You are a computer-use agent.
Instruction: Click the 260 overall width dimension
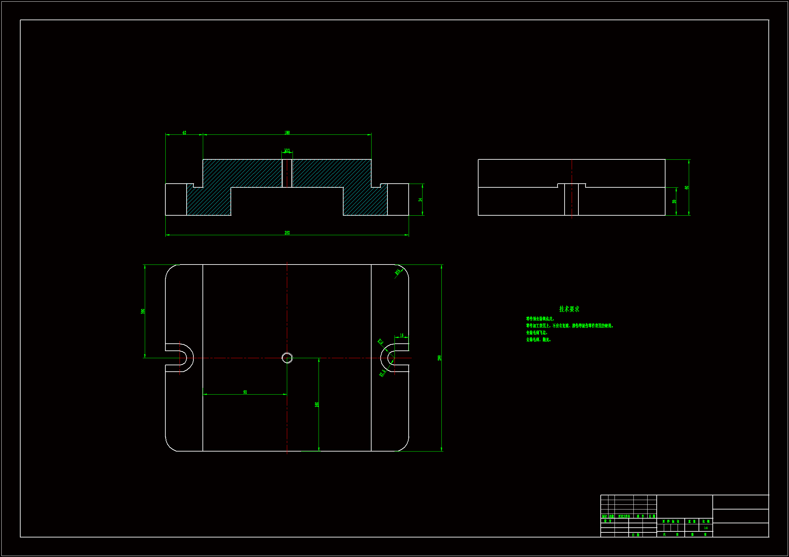[x=287, y=233]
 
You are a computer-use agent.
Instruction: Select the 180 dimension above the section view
[x=287, y=132]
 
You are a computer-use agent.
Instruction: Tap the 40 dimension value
[x=184, y=132]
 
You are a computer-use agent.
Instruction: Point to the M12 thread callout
[x=287, y=150]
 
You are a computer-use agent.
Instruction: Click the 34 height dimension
[x=420, y=200]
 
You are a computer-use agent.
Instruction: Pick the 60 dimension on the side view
[x=686, y=187]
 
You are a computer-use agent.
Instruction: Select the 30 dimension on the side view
[x=674, y=202]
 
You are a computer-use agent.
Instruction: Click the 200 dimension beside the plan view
[x=439, y=358]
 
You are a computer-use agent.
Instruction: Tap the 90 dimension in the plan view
[x=245, y=392]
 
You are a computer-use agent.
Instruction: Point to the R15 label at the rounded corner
[x=398, y=272]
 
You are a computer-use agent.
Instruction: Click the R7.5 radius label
[x=382, y=373]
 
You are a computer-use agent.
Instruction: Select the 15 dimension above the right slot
[x=401, y=335]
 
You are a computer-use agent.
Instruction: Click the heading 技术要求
[x=569, y=309]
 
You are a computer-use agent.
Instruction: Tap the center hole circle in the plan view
[x=287, y=358]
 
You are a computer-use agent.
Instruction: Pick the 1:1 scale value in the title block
[x=706, y=528]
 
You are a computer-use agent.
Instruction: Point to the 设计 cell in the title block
[x=607, y=521]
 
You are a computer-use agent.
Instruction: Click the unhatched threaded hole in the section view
[x=287, y=173]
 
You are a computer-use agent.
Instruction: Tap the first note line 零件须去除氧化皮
[x=540, y=319]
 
